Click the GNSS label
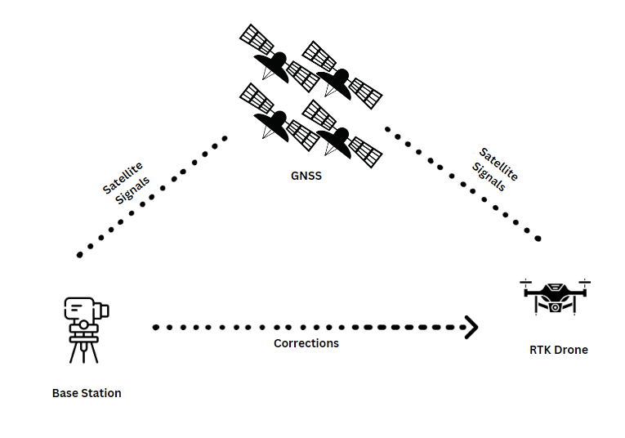306,175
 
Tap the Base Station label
87,393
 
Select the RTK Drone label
559,350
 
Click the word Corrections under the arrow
306,343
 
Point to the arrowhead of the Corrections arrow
471,327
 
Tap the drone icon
555,297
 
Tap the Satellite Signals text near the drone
496,169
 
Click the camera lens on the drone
556,308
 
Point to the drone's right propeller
584,283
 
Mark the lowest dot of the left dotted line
79,255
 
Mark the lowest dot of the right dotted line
538,239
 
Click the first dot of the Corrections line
155,327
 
